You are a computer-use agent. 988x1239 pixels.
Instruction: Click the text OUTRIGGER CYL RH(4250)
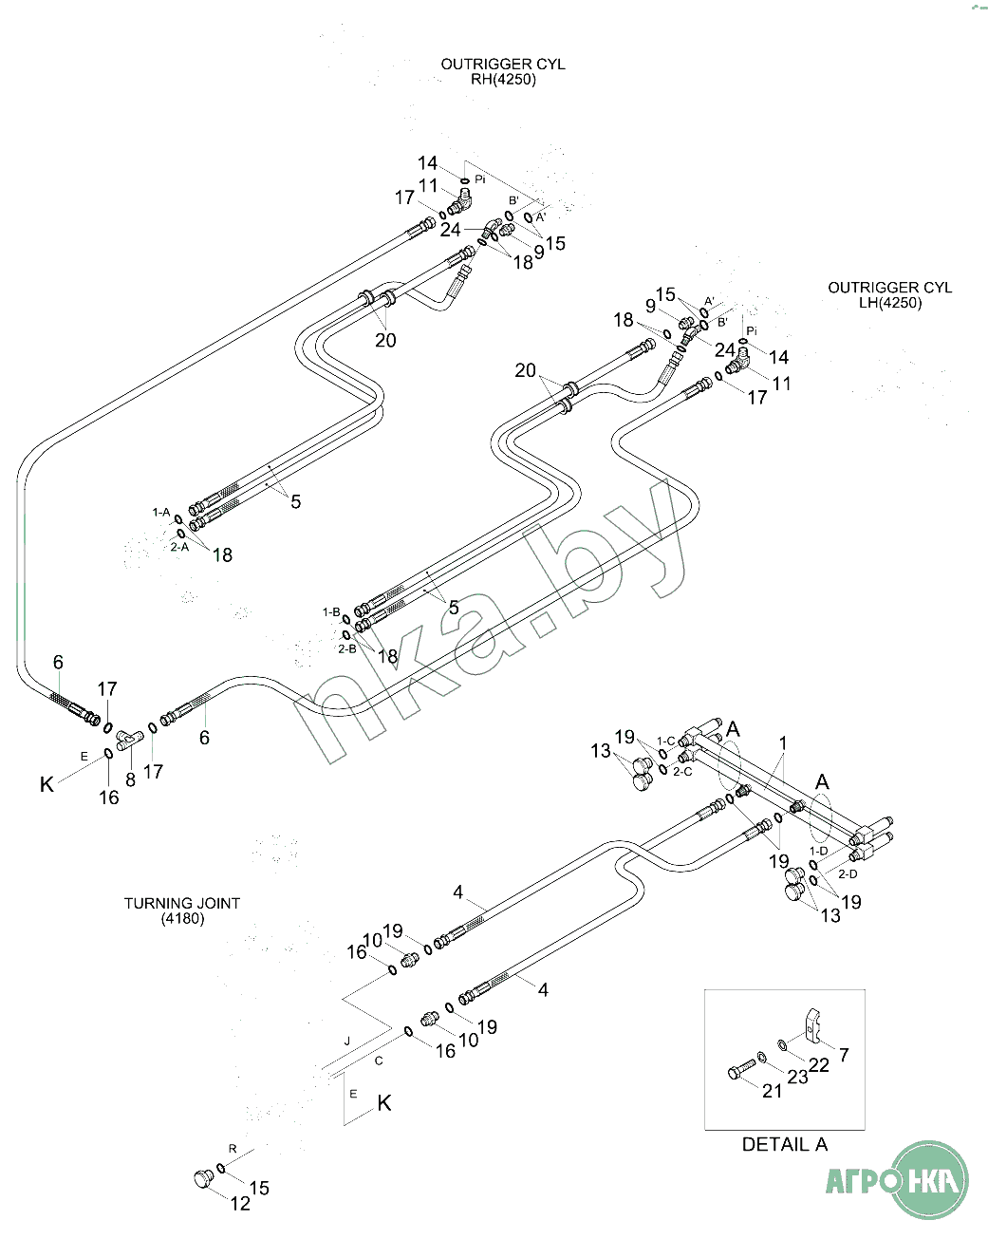[503, 72]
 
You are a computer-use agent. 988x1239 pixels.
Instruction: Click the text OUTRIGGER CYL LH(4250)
[889, 295]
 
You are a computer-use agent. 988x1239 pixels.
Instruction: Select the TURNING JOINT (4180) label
[182, 910]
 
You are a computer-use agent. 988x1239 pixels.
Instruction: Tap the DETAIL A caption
[784, 1145]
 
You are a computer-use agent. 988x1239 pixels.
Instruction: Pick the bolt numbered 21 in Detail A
[741, 1070]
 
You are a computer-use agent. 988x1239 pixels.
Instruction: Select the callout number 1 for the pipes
[783, 742]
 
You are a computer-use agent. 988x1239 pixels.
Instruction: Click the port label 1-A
[161, 513]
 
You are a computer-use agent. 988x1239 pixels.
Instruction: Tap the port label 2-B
[346, 648]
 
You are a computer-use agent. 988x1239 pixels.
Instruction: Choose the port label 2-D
[848, 873]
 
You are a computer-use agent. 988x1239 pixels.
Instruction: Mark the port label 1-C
[666, 741]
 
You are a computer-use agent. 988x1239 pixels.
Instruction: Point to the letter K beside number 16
[47, 785]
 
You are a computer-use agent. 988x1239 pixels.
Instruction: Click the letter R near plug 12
[233, 1149]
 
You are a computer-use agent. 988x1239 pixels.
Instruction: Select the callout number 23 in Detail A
[797, 1077]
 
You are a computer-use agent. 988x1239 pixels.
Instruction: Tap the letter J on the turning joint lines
[347, 1042]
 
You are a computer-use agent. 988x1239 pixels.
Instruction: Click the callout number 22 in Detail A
[819, 1065]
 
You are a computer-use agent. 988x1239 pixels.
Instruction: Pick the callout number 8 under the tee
[131, 779]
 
